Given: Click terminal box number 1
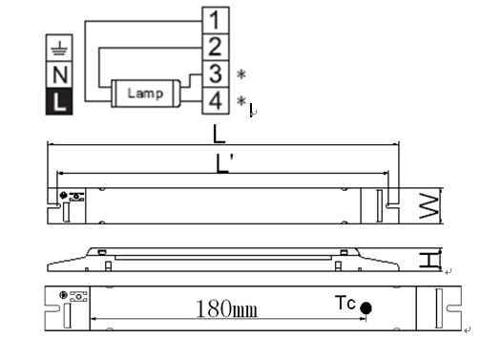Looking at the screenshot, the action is click(x=216, y=20).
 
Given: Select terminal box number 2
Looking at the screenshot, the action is click(x=216, y=47).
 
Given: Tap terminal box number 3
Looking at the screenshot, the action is click(x=216, y=74).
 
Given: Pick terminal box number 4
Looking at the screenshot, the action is click(x=216, y=100).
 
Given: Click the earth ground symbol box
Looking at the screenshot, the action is click(x=59, y=48).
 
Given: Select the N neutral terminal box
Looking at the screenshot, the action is click(x=59, y=74).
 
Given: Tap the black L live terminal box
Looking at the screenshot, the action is click(x=59, y=101).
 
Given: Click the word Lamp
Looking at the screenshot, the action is click(x=145, y=94).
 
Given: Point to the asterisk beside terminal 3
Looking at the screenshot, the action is click(x=241, y=74).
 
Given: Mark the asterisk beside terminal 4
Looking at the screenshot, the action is click(x=241, y=101).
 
